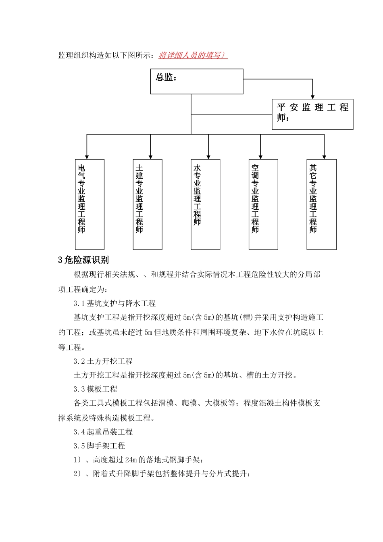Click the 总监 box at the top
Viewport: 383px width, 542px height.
(197, 81)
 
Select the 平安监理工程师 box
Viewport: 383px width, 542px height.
(312, 114)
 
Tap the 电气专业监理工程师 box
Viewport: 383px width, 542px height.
(90, 204)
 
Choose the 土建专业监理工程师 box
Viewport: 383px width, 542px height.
(148, 204)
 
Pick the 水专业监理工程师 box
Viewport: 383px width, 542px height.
(205, 204)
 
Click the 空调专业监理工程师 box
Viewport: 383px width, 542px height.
(263, 204)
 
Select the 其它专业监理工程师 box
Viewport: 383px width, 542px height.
(321, 204)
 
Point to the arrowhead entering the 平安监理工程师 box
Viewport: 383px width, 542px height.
(312, 96)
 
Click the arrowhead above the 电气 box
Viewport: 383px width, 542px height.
(87, 157)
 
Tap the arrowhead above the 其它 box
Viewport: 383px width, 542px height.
(324, 157)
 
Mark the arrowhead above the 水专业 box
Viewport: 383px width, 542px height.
(208, 157)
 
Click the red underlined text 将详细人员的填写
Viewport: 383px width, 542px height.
(193, 55)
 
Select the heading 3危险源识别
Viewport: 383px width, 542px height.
(83, 260)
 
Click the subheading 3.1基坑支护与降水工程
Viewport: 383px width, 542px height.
(114, 303)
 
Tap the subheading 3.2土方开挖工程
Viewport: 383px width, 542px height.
(103, 361)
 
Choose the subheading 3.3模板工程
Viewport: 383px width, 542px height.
(95, 389)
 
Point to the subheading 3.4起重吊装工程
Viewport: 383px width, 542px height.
(103, 432)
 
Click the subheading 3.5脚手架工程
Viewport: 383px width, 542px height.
(99, 446)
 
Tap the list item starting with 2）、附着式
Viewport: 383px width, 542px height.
(161, 474)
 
